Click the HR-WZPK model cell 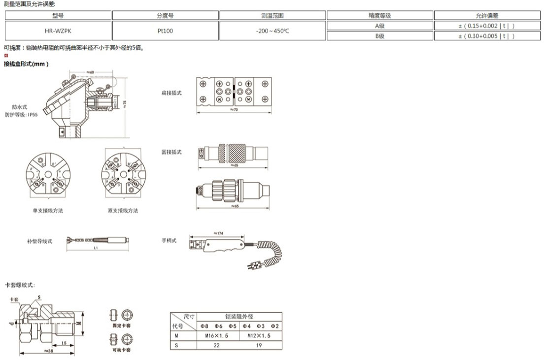click(58, 31)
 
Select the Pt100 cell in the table click(165, 31)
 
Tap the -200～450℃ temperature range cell click(273, 31)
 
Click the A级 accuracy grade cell click(379, 26)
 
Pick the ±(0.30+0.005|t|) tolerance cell click(486, 35)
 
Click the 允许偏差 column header click(486, 16)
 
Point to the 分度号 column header click(165, 16)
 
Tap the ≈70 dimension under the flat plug click(235, 109)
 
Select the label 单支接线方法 click(48, 210)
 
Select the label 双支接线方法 click(123, 210)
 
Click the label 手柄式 click(169, 240)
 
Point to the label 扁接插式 click(171, 93)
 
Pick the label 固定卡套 click(121, 326)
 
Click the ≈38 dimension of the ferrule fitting click(48, 351)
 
